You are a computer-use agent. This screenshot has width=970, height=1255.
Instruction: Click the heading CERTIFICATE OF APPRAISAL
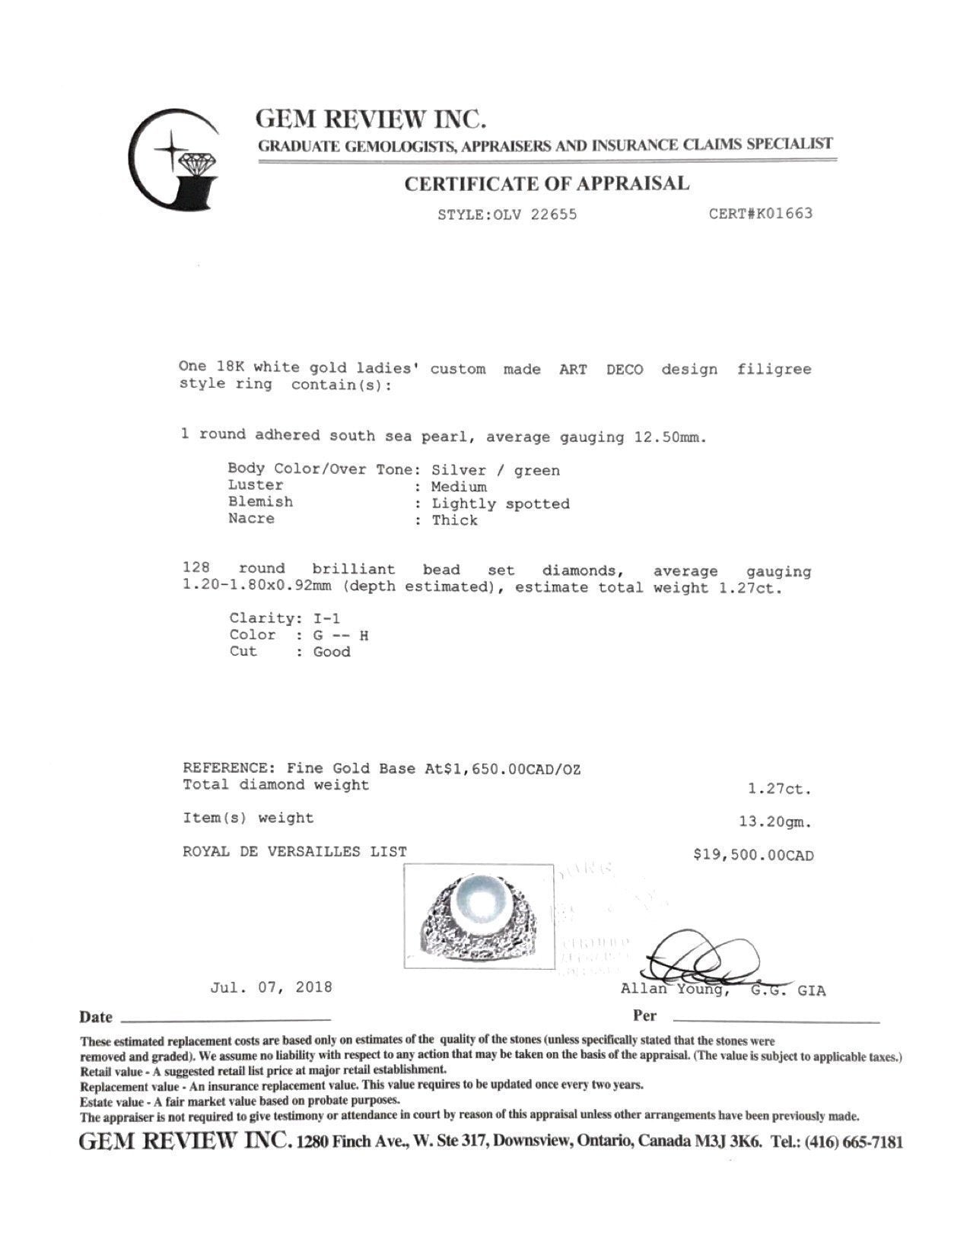pyautogui.click(x=546, y=183)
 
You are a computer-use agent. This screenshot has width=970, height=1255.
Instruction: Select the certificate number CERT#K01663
pyautogui.click(x=760, y=214)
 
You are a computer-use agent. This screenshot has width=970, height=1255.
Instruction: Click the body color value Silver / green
pyautogui.click(x=495, y=471)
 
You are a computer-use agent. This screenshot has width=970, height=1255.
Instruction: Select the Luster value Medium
pyautogui.click(x=459, y=487)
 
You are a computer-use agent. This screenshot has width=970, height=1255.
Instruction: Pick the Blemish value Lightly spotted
pyautogui.click(x=501, y=504)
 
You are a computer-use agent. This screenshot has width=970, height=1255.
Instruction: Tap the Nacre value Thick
pyautogui.click(x=454, y=520)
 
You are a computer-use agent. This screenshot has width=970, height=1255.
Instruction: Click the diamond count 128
pyautogui.click(x=197, y=569)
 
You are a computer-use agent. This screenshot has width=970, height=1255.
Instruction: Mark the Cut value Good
pyautogui.click(x=332, y=652)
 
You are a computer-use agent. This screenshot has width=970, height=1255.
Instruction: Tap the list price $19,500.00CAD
pyautogui.click(x=753, y=856)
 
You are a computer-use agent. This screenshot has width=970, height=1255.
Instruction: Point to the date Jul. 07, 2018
pyautogui.click(x=272, y=987)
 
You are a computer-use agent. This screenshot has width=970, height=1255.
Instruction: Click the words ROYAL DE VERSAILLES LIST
pyautogui.click(x=294, y=852)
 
